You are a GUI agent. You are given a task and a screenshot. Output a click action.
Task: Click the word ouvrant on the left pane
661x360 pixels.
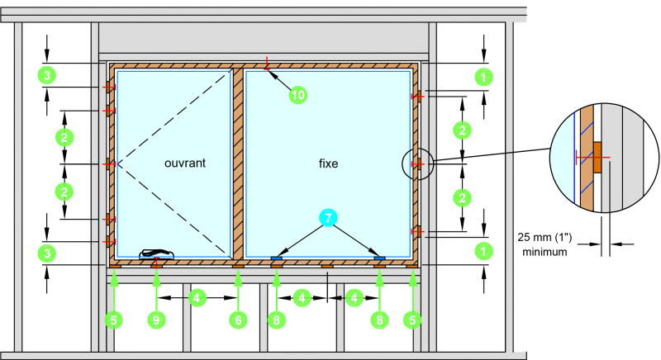pos(184,163)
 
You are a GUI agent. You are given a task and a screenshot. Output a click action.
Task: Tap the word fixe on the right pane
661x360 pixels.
pos(328,163)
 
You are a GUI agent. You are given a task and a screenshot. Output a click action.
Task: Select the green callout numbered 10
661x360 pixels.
pos(298,95)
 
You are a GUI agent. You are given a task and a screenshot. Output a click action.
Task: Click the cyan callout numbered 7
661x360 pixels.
pos(328,218)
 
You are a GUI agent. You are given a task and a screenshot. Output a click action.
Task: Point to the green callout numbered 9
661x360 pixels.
pos(156,320)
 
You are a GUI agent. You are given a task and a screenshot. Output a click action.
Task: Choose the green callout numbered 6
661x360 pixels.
pos(238,320)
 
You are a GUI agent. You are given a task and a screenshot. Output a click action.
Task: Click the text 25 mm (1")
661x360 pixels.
pos(544,238)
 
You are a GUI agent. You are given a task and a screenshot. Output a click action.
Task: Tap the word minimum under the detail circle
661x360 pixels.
pos(544,252)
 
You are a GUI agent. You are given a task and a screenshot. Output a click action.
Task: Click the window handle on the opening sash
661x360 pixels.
pos(157,253)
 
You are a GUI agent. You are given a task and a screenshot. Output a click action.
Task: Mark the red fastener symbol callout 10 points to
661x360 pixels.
pos(266,65)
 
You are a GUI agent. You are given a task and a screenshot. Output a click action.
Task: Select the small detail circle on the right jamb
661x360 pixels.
pos(417,163)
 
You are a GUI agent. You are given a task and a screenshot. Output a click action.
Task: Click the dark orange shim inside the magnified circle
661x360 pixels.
pos(597,158)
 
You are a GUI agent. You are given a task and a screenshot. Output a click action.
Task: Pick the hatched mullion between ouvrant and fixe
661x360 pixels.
pos(238,163)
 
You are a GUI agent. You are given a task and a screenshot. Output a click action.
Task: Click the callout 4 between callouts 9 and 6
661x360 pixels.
pos(197,298)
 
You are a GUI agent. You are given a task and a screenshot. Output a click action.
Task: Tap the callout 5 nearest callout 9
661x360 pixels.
pos(113,320)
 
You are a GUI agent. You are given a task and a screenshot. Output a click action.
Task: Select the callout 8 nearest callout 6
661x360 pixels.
pos(277,320)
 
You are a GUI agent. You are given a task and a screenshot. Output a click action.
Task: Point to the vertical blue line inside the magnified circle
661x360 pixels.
pos(573,157)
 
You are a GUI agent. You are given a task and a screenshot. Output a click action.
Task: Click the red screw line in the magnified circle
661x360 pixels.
pos(592,158)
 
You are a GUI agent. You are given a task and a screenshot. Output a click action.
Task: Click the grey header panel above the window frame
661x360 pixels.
pos(264,38)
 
